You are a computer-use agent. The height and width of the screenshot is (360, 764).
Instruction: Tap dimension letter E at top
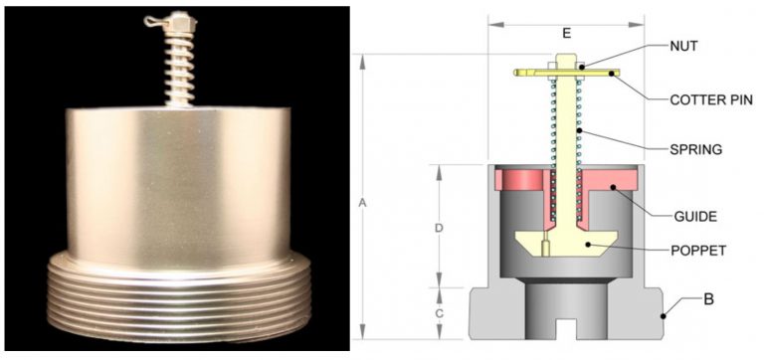pyautogui.click(x=565, y=32)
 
